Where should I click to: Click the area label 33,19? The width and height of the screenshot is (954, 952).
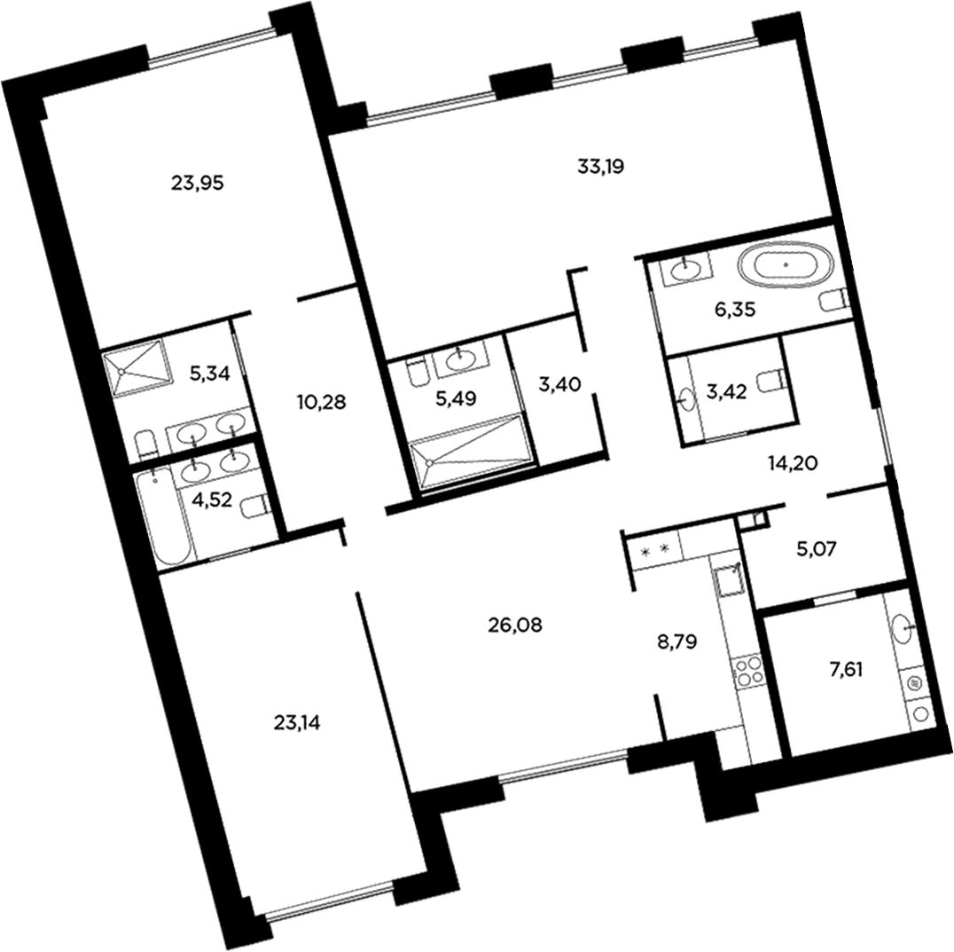point(600,166)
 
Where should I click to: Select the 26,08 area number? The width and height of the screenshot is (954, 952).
point(515,625)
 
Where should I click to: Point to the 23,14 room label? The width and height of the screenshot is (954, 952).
point(298,723)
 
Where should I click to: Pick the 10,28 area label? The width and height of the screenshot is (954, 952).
point(322,402)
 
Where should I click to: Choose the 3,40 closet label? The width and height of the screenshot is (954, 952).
point(559,384)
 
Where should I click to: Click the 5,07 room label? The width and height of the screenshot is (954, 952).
point(816,549)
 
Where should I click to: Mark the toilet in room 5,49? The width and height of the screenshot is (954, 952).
point(418,374)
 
